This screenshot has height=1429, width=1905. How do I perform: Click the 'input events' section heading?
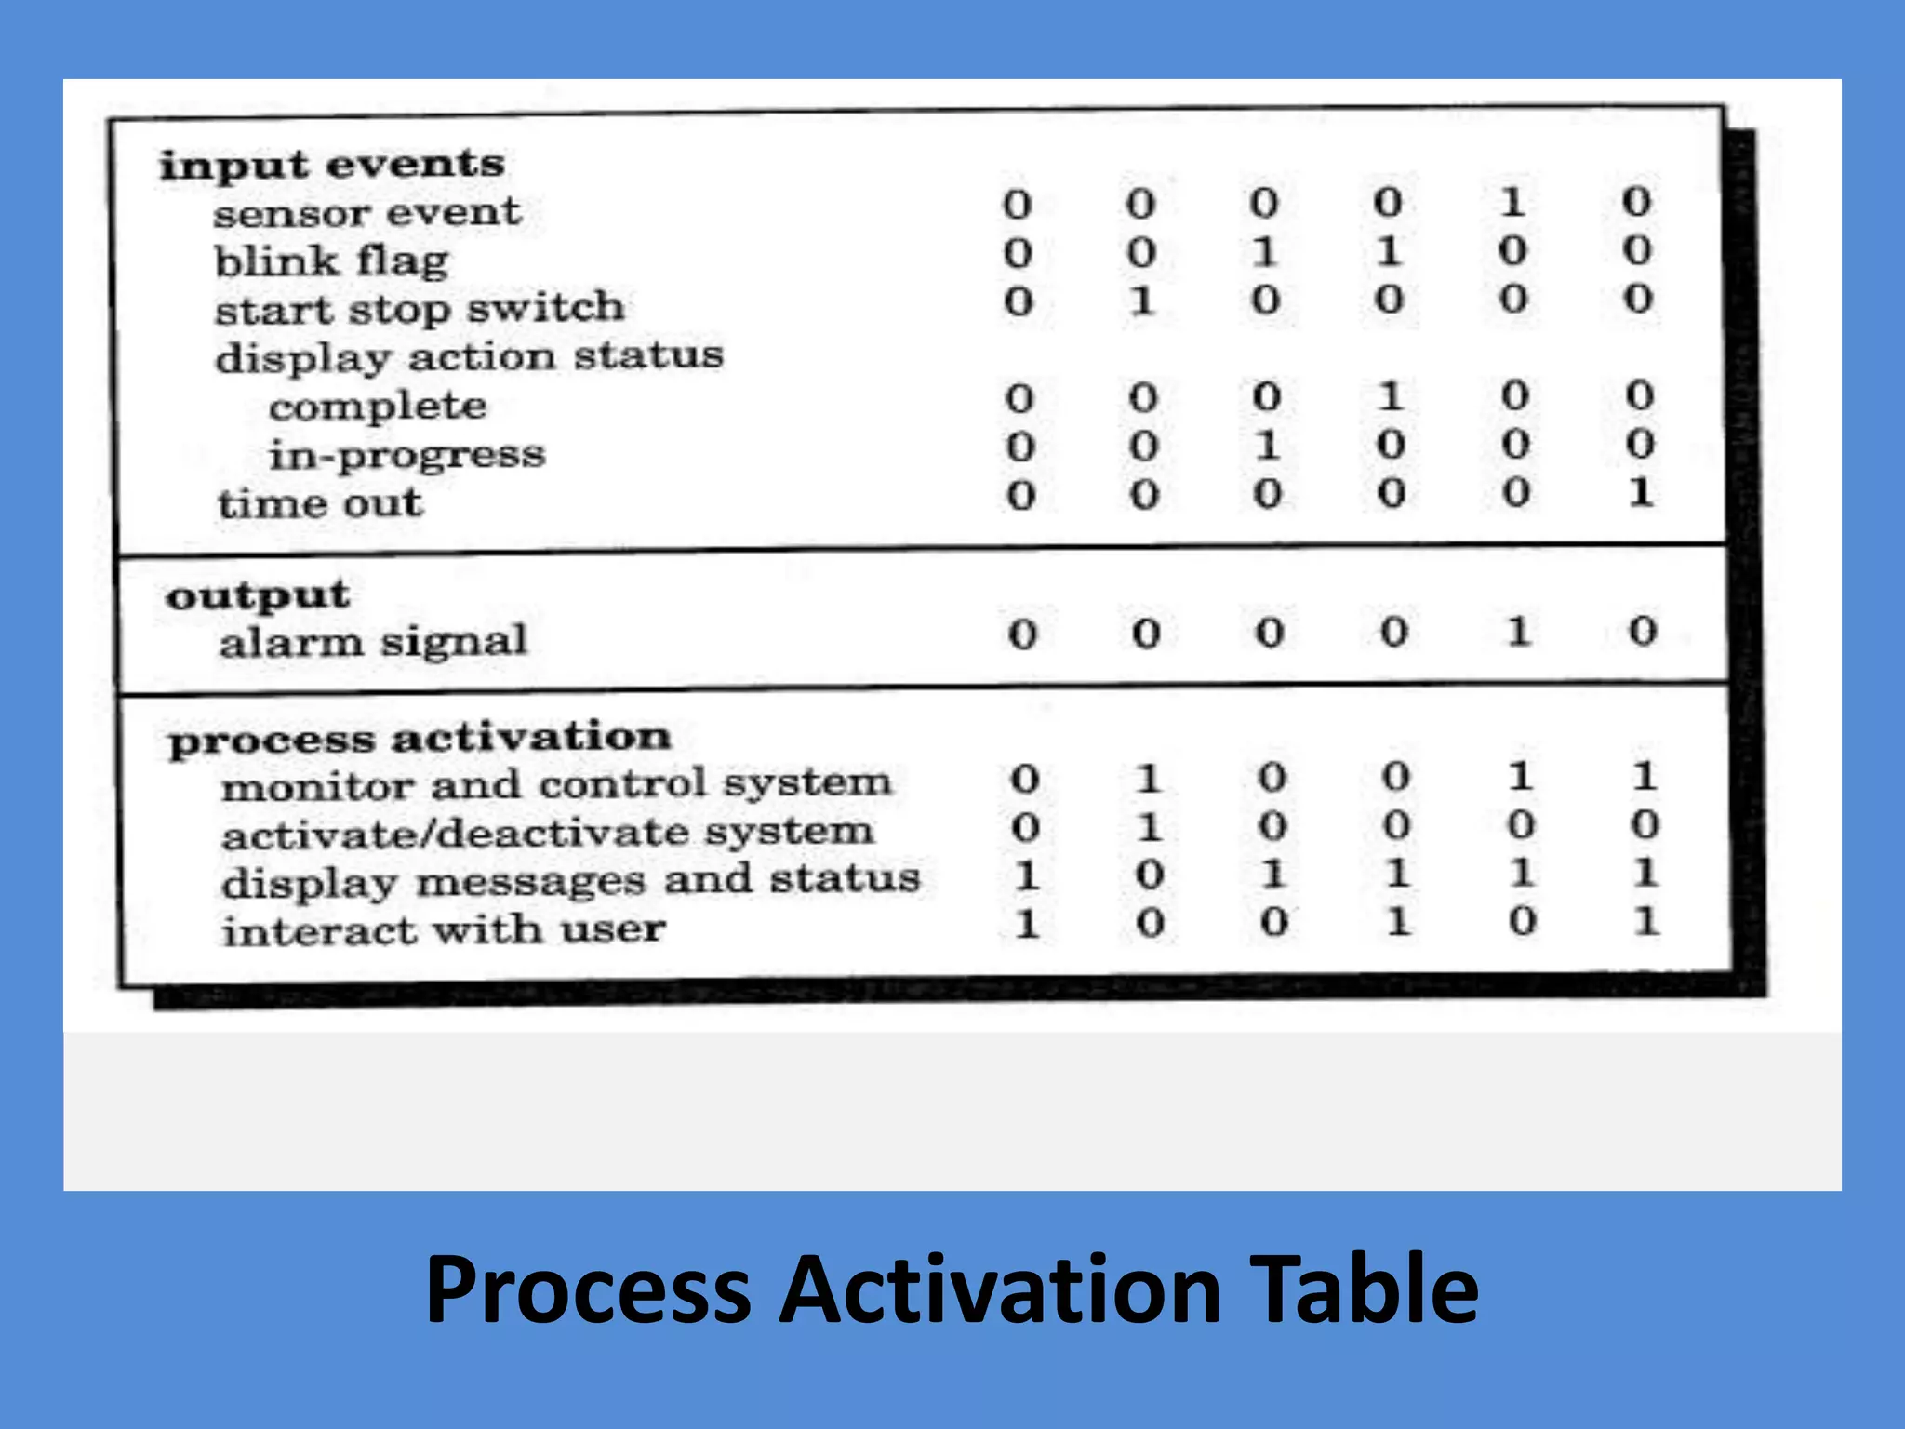point(332,166)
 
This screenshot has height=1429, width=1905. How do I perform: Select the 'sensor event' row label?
point(367,213)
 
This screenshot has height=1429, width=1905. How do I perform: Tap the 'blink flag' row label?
point(332,261)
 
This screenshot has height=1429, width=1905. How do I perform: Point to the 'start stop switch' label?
point(420,309)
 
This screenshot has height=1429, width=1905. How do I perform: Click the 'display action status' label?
point(469,357)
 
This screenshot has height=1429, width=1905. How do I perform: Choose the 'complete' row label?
point(378,407)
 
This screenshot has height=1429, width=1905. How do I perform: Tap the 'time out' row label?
point(320,503)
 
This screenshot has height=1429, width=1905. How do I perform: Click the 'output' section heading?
point(258,595)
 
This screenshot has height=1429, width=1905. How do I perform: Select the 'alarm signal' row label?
point(373,642)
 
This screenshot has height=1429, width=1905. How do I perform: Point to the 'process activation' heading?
point(420,739)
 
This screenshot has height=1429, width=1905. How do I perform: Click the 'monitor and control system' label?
point(556,784)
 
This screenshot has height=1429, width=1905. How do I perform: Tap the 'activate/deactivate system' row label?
point(548,833)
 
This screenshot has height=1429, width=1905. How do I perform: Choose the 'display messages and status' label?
point(570,880)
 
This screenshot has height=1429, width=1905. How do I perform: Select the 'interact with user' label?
point(444,929)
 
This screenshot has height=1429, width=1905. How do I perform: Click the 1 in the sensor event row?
point(1512,202)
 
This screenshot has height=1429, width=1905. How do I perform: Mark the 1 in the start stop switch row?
point(1142,300)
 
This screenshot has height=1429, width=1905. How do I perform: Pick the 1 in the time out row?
point(1640,492)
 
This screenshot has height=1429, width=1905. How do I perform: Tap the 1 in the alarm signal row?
point(1518,632)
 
